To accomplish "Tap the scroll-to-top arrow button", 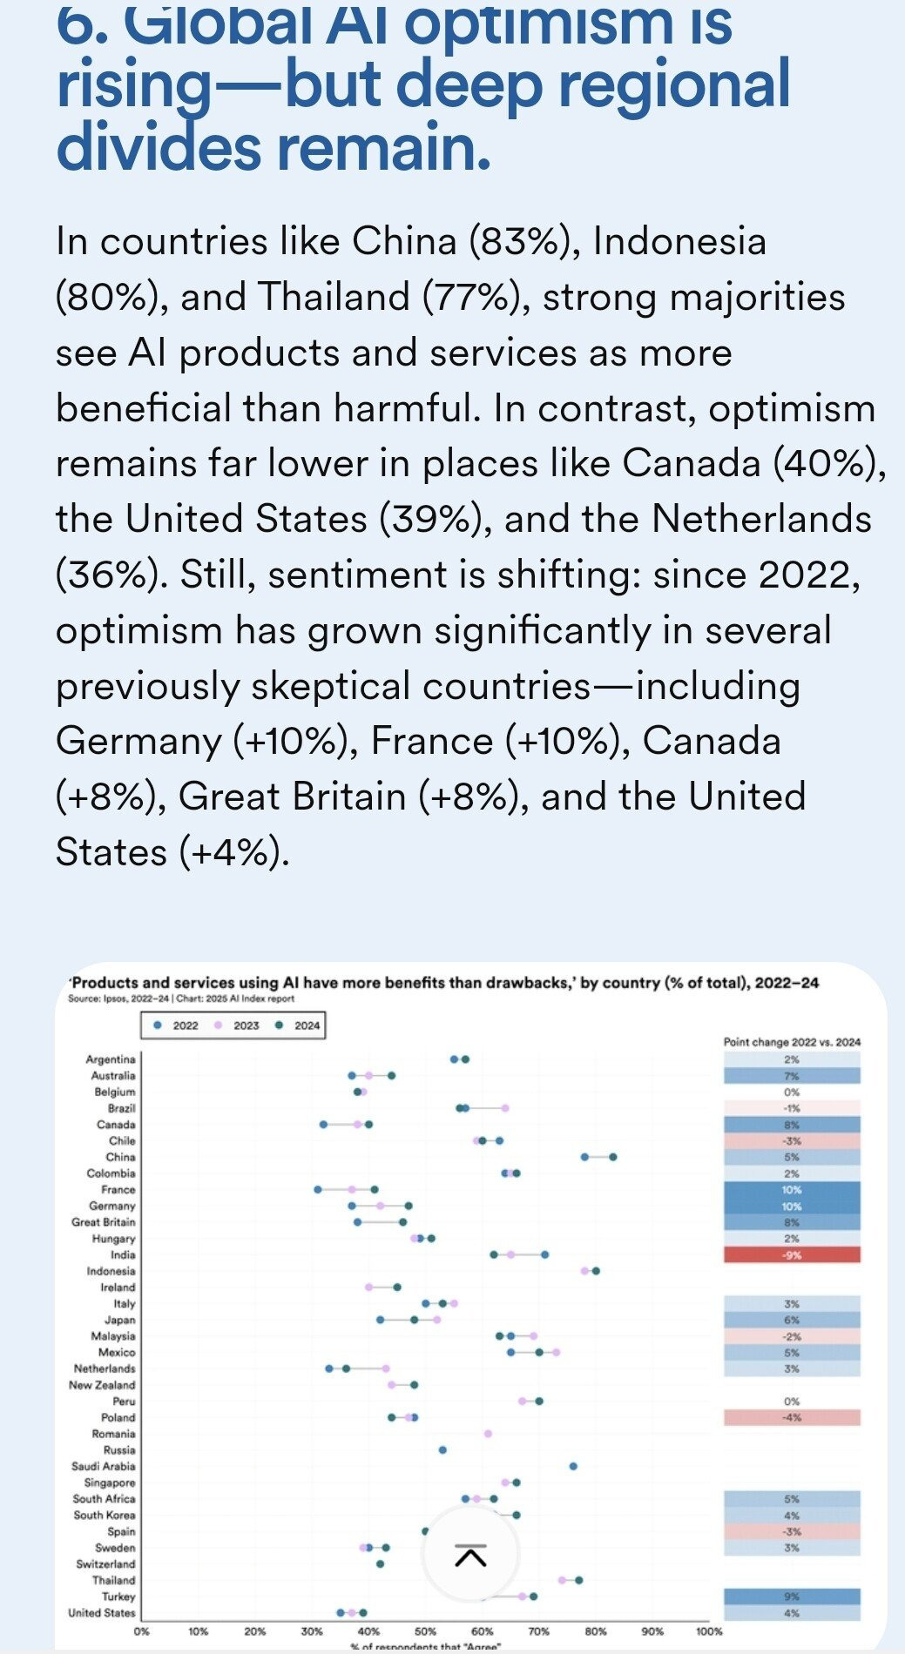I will click(470, 1554).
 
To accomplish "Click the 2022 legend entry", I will click(177, 1025).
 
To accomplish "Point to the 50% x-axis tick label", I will click(425, 1631).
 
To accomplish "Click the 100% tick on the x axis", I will click(708, 1631).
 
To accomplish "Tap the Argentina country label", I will click(111, 1059).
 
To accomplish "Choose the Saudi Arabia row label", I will click(104, 1466).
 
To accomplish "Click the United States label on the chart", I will click(102, 1613).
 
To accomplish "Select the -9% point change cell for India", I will click(791, 1254).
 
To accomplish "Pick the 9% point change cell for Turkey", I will click(791, 1597).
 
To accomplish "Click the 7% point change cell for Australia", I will click(791, 1076).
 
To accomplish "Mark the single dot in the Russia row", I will click(442, 1450).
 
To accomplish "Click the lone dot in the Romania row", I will click(488, 1434).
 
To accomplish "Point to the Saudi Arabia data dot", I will click(573, 1466).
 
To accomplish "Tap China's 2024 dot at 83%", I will click(613, 1157).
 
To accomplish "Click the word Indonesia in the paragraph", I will click(679, 241).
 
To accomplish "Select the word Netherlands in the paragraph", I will click(761, 519).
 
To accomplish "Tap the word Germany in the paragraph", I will click(139, 741).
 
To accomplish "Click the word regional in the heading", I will click(673, 84).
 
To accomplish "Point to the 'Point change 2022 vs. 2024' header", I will click(792, 1042).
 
